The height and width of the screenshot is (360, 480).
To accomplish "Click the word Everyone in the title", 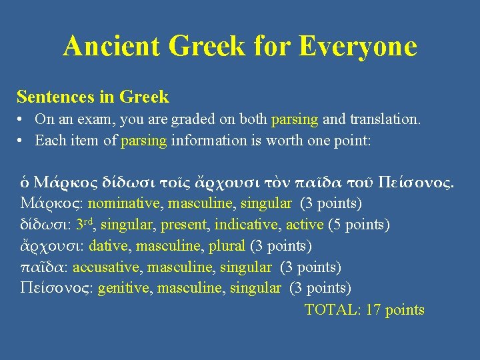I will coord(358,47).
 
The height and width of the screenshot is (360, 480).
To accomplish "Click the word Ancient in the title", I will coord(112,47).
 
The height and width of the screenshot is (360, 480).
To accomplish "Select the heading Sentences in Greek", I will coord(93,97).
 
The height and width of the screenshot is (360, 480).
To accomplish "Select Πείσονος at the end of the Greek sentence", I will coord(415,181).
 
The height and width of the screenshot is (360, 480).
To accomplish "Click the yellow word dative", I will coord(108,246).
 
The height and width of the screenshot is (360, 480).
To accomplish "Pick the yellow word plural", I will coord(227,246).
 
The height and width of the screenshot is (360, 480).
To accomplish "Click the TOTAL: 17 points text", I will coord(364,310).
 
